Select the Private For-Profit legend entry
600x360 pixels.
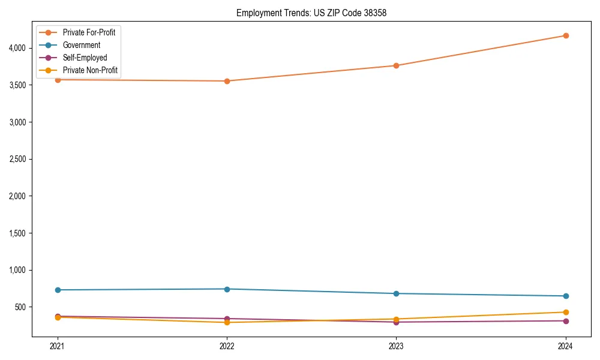click(x=89, y=32)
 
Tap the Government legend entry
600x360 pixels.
click(x=82, y=45)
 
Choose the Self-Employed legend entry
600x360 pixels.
click(x=85, y=58)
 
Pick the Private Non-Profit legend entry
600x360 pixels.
click(x=90, y=71)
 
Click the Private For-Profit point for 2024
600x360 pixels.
click(x=566, y=35)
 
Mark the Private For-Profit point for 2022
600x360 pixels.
click(x=227, y=81)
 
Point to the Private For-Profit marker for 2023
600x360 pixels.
click(x=397, y=65)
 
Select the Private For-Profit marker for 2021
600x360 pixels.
click(x=58, y=79)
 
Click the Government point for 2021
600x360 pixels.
click(x=58, y=290)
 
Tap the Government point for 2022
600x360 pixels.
click(x=227, y=289)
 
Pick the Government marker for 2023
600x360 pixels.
click(x=397, y=293)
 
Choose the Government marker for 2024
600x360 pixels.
click(x=566, y=296)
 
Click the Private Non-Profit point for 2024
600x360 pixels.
click(x=566, y=312)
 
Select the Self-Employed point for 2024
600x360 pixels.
click(x=566, y=321)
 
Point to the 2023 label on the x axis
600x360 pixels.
click(x=397, y=346)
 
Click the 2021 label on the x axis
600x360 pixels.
click(x=58, y=346)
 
